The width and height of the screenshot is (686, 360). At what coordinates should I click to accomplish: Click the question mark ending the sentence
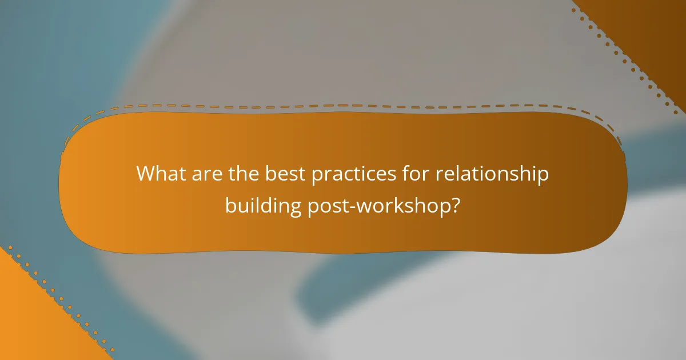pos(455,205)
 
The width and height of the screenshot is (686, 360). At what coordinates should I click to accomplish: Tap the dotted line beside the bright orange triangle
pos(63,297)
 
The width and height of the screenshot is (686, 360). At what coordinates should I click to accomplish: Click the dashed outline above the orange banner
pos(343,106)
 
